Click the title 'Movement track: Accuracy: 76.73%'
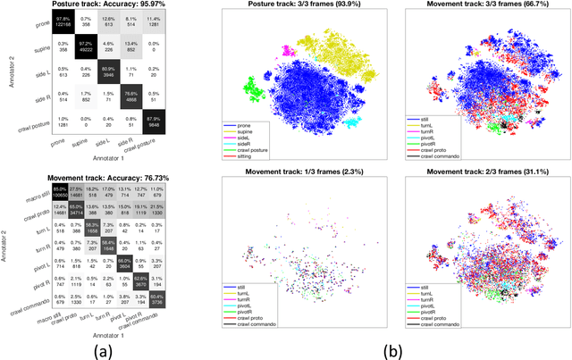[109, 178]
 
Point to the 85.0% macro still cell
[58, 193]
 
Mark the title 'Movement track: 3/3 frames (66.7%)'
[478, 8]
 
